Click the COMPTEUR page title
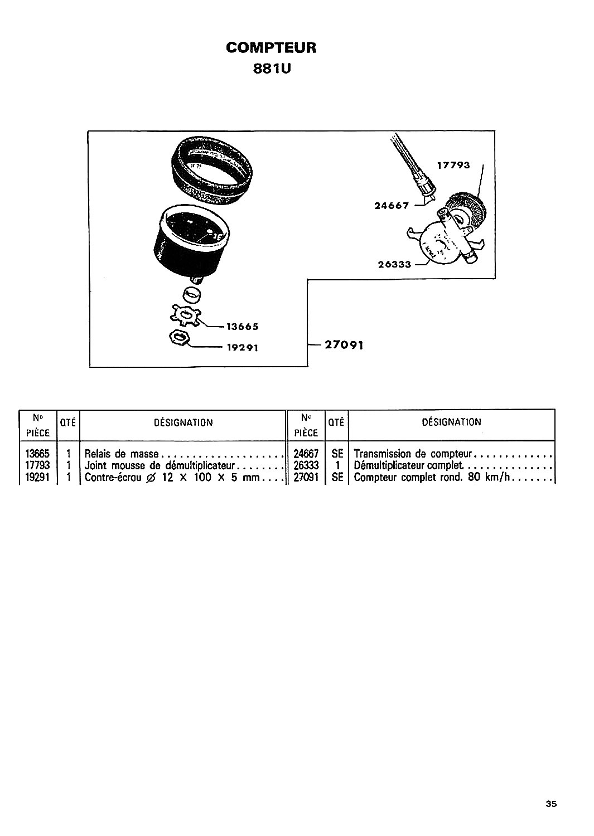pos(271,47)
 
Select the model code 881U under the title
pos(272,69)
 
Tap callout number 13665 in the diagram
pos(243,327)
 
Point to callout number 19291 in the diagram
pos(243,347)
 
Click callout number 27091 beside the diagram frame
pos(344,345)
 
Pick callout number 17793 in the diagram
pos(453,165)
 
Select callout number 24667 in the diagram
pos(392,206)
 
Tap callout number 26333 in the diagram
pos(394,264)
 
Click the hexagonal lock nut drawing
pos(179,338)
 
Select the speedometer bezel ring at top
pos(212,170)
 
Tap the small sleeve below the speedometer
pos(192,294)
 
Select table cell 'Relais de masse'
pos(122,454)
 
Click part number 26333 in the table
pos(306,465)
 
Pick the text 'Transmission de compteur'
pos(413,454)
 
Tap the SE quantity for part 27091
pos(337,477)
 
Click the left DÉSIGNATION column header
pos(183,422)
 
